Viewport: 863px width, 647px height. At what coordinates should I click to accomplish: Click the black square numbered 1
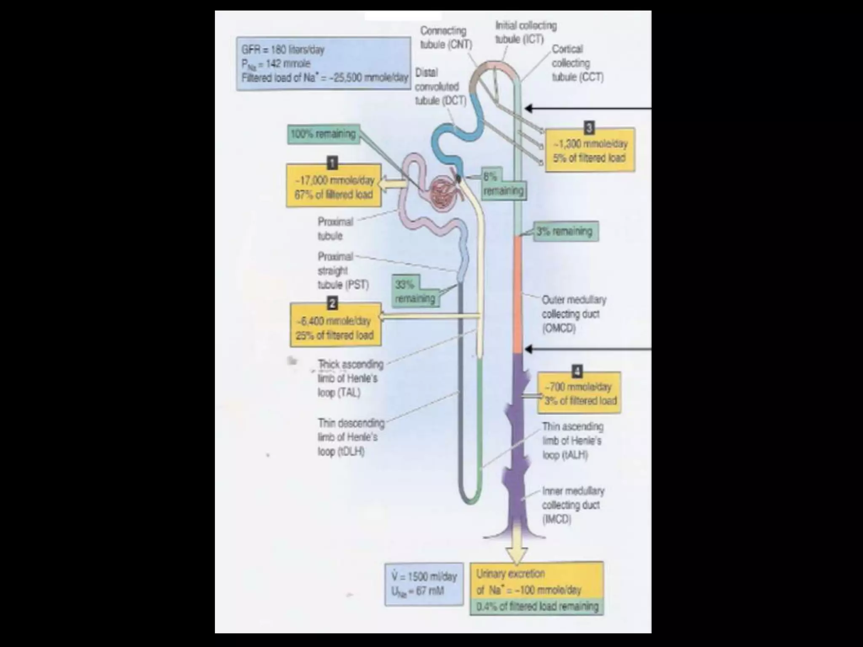tap(333, 162)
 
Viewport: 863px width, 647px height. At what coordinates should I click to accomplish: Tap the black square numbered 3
tap(589, 127)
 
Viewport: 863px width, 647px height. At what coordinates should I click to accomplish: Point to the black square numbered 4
tap(577, 371)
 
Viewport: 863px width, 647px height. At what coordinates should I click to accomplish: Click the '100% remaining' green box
tap(324, 134)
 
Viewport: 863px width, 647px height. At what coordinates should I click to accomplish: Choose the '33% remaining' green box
tap(415, 291)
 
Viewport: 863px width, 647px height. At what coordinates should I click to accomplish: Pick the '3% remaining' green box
tap(566, 231)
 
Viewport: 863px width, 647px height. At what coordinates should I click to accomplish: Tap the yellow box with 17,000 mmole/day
tap(334, 187)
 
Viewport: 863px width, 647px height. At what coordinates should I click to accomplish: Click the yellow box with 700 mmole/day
tap(580, 393)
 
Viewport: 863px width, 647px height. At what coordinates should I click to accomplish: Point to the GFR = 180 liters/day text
tap(283, 50)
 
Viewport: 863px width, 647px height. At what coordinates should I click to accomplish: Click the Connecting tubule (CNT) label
tap(445, 37)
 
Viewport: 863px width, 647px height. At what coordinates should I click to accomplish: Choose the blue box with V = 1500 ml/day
tap(424, 584)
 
